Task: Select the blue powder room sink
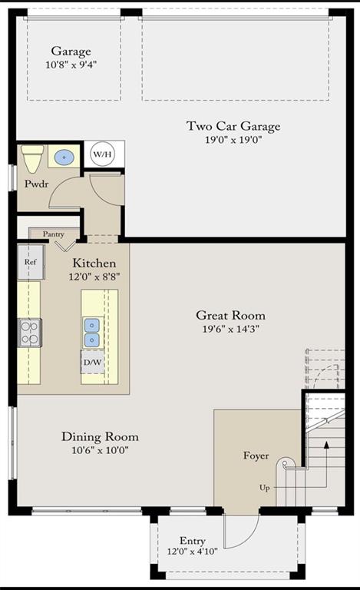[64, 156]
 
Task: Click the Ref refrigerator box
[31, 262]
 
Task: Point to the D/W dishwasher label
[92, 363]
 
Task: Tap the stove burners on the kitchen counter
[30, 333]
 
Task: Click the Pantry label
[54, 234]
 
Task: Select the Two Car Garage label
[233, 126]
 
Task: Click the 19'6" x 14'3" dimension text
[231, 329]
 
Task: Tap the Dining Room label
[100, 436]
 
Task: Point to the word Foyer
[256, 456]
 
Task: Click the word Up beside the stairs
[265, 488]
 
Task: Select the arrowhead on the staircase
[326, 445]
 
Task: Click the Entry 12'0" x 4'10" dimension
[193, 552]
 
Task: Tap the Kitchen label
[94, 263]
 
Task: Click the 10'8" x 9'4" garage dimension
[71, 65]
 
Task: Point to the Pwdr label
[36, 184]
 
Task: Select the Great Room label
[231, 315]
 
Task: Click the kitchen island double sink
[91, 333]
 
